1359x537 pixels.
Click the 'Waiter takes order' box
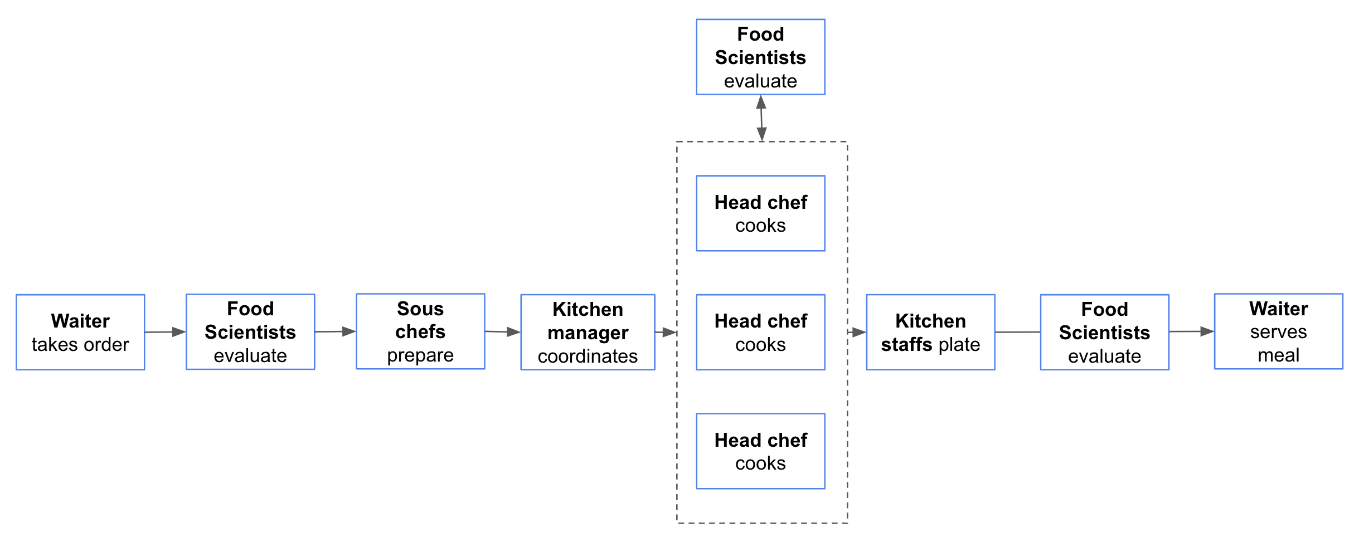80,332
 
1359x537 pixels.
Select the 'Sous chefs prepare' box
420,331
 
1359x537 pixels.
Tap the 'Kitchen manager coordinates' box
588,332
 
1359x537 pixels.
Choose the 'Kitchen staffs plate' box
930,332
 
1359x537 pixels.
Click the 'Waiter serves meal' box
1278,331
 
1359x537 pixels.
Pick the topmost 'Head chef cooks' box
760,213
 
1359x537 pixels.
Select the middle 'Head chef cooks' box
760,332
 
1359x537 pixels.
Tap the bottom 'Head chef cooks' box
760,451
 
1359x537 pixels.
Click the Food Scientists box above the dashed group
760,57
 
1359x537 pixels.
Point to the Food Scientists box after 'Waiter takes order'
250,331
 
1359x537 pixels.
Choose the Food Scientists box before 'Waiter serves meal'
1104,332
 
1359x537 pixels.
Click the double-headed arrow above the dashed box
761,118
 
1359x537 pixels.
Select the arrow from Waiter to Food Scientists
165,332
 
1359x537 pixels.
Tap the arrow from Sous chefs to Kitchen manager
502,332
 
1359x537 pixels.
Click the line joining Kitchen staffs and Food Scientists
1017,332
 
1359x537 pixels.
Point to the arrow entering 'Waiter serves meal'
1191,331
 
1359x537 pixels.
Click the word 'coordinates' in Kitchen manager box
588,357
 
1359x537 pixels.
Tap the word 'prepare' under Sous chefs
420,355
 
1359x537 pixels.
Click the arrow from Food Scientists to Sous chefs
335,331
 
